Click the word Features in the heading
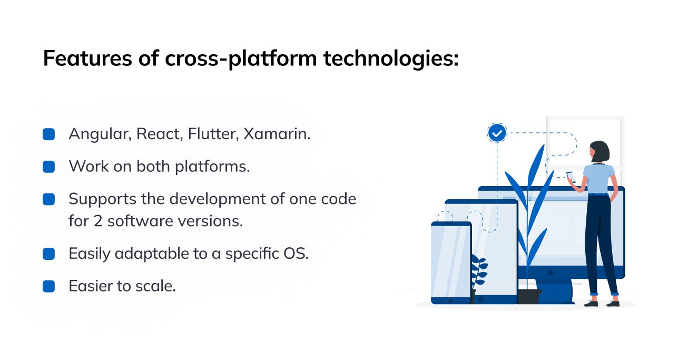coord(87,58)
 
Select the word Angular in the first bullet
coord(100,134)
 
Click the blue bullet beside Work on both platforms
coord(48,167)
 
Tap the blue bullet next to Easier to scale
coord(48,286)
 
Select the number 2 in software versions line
coord(98,221)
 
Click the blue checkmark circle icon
coord(497,133)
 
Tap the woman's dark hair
coord(600,151)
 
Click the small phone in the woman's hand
coord(571,177)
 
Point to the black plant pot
coord(529,296)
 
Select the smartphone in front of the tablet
coord(451,263)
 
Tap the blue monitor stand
coord(555,291)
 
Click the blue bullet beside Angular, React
coord(48,134)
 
